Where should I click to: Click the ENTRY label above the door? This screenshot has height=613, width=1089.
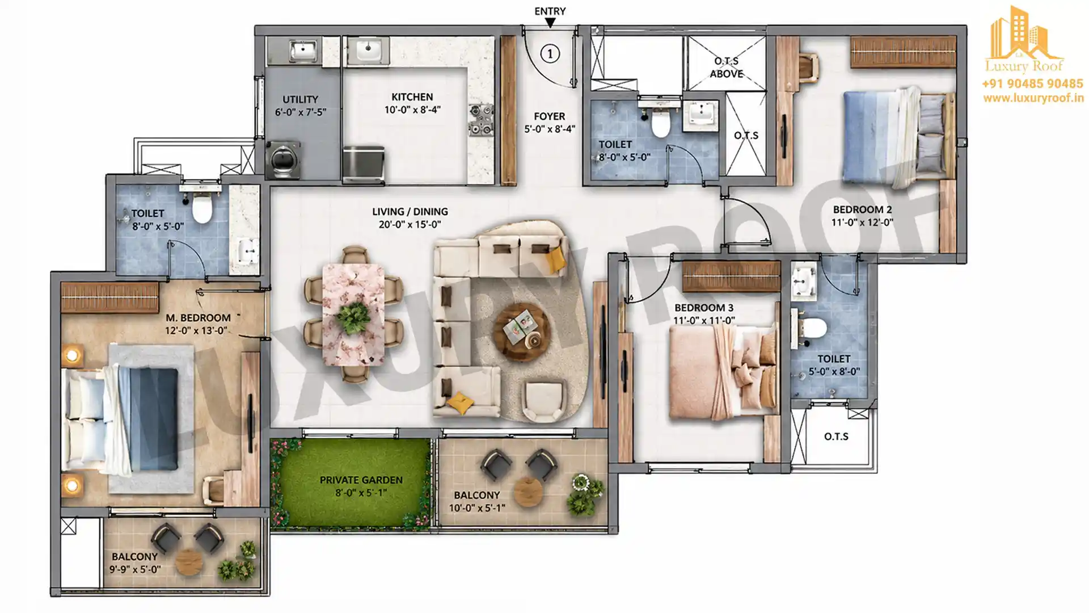(550, 11)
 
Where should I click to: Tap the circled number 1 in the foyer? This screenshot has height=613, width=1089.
(550, 53)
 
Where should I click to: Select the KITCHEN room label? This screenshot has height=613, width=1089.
(412, 97)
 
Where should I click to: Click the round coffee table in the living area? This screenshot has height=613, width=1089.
(521, 332)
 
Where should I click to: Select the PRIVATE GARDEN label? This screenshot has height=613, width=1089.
(361, 480)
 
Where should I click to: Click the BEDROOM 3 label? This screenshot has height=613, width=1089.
(704, 308)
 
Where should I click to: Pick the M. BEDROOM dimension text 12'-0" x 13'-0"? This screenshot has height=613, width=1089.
(196, 330)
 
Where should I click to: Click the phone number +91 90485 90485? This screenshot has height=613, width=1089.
(1032, 84)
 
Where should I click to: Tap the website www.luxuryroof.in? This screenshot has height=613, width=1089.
(1033, 98)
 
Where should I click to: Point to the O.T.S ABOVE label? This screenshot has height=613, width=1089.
(727, 67)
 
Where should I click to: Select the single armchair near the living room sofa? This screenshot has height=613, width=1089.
(543, 400)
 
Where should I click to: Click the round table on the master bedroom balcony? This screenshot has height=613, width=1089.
(189, 562)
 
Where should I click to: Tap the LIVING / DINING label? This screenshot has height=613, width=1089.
(410, 212)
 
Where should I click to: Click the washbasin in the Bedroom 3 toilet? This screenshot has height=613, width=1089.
(804, 282)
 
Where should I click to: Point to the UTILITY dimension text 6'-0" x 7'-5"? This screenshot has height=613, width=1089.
(301, 112)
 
